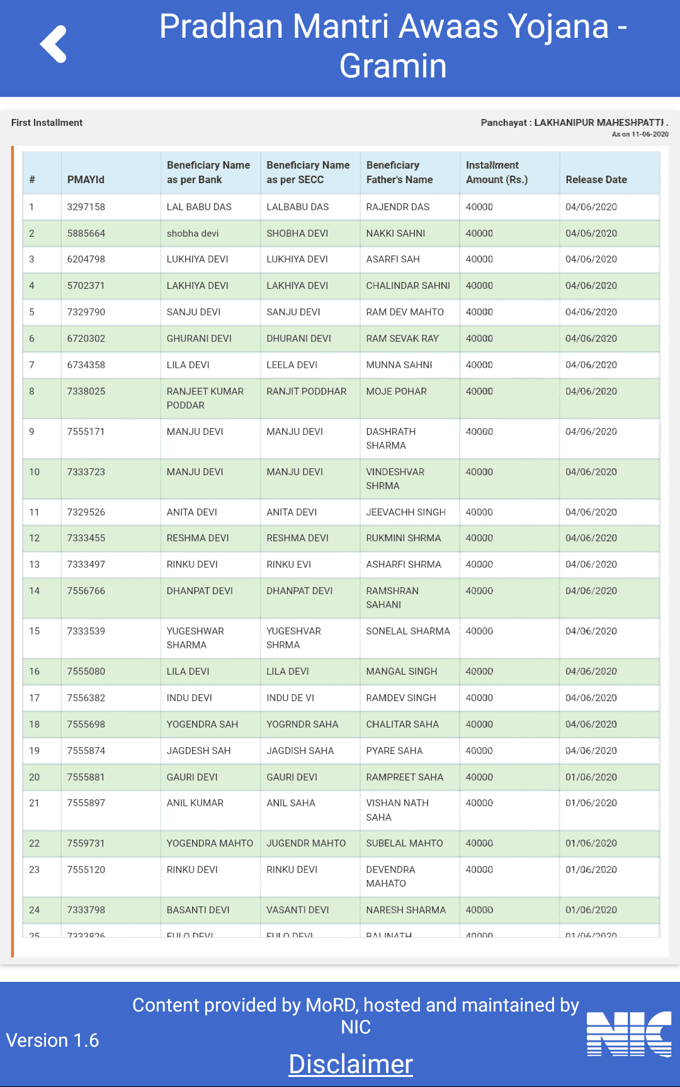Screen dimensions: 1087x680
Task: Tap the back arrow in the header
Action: [x=54, y=44]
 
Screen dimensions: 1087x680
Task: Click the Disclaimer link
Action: [x=351, y=1064]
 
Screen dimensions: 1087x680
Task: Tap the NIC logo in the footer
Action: [x=629, y=1033]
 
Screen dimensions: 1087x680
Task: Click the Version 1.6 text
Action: [x=52, y=1040]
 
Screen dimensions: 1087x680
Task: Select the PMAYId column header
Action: [x=86, y=179]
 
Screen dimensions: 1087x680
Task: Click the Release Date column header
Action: [x=596, y=179]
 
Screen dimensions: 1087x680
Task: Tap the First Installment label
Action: [x=47, y=123]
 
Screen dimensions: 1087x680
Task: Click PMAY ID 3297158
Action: [x=86, y=207]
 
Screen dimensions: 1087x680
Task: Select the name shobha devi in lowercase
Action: [x=193, y=234]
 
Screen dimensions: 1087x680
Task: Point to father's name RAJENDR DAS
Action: [x=398, y=207]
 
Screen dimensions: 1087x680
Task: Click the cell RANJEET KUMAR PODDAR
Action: [x=205, y=398]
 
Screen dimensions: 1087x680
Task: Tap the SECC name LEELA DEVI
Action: [x=292, y=365]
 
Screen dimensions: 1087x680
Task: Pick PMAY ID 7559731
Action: [x=86, y=843]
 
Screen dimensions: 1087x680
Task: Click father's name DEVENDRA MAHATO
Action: [x=390, y=877]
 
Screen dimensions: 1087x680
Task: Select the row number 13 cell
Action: [x=35, y=565]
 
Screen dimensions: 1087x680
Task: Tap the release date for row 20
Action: [x=591, y=777]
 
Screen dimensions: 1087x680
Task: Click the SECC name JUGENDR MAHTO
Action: [x=306, y=843]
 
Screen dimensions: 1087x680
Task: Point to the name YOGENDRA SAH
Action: [x=202, y=724]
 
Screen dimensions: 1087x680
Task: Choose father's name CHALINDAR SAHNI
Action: [x=408, y=286]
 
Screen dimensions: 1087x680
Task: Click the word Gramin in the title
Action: [x=393, y=66]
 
